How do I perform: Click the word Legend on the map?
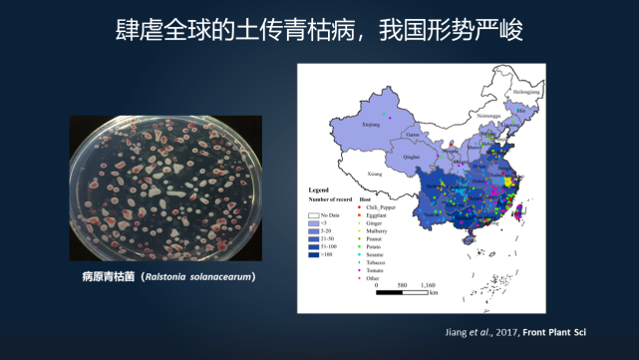pos(318,188)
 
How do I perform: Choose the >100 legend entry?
pos(330,255)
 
